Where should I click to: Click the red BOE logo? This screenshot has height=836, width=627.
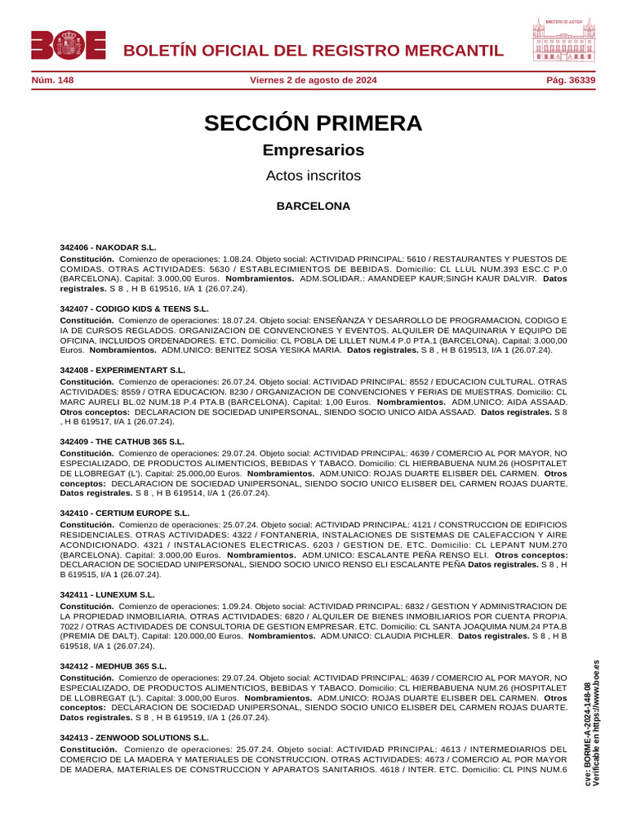tap(69, 45)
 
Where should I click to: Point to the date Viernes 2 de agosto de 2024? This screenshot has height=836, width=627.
tap(313, 80)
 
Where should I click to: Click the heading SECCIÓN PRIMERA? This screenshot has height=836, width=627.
tap(313, 124)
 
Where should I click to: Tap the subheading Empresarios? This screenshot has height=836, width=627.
tap(313, 150)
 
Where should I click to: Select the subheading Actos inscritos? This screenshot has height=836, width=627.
tap(313, 176)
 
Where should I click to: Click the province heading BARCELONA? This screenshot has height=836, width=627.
tap(313, 207)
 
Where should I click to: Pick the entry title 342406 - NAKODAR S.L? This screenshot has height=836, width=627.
tap(108, 247)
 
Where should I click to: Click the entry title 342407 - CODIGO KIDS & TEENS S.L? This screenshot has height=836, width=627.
tap(134, 309)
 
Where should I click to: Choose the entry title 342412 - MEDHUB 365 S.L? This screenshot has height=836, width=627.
tap(113, 666)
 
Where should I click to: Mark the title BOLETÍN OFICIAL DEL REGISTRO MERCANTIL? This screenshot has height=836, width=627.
tap(313, 51)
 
